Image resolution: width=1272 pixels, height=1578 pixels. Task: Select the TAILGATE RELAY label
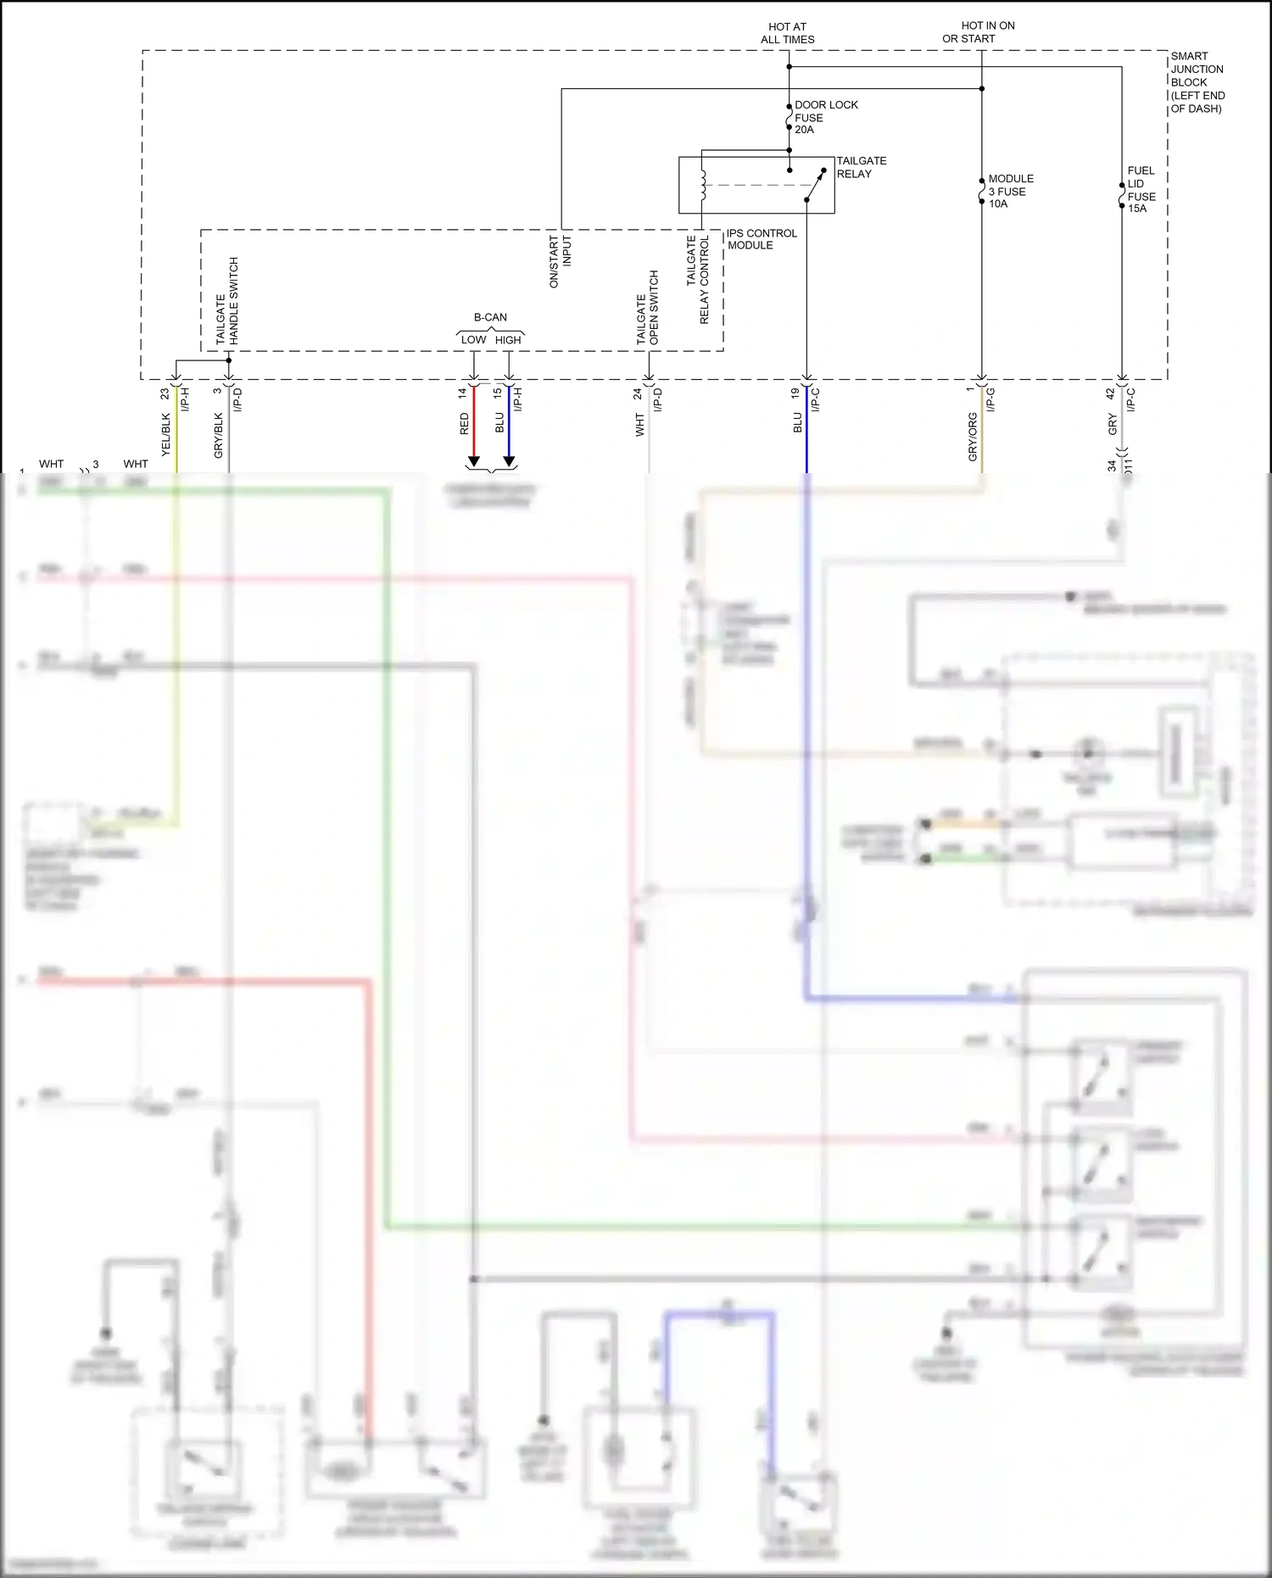[x=861, y=167]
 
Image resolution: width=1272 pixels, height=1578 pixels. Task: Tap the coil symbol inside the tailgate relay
[x=703, y=185]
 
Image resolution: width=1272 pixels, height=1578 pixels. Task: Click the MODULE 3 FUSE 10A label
[x=1010, y=191]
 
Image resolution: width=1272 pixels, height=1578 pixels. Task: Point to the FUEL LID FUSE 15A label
[x=1141, y=189]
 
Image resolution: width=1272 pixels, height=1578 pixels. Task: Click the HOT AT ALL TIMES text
[x=787, y=33]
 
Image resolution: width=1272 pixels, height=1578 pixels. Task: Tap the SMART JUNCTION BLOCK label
[x=1197, y=82]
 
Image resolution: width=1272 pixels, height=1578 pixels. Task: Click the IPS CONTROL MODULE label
[x=761, y=239]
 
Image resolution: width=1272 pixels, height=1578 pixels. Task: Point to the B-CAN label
[x=490, y=317]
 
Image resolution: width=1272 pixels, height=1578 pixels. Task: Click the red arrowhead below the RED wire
[x=474, y=462]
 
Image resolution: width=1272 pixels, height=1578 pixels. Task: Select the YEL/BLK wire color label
[x=166, y=434]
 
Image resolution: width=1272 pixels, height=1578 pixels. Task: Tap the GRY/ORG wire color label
[x=973, y=437]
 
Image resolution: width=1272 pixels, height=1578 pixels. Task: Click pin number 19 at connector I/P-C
[x=795, y=393]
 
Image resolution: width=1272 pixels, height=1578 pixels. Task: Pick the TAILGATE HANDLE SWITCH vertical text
[x=227, y=301]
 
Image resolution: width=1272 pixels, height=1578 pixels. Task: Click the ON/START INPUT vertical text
[x=561, y=261]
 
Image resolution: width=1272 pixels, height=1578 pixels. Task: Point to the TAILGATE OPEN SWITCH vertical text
[x=648, y=308]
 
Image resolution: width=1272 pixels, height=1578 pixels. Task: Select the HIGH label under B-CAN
[x=508, y=340]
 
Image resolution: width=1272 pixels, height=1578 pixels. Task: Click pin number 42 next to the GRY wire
[x=1111, y=394]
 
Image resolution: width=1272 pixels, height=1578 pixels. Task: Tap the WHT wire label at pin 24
[x=640, y=425]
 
